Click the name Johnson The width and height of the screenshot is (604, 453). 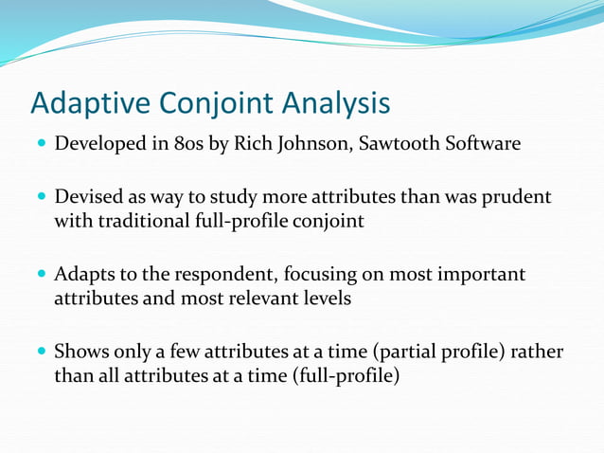[x=318, y=146]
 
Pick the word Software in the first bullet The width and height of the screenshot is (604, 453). [x=484, y=146]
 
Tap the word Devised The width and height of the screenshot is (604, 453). [x=86, y=198]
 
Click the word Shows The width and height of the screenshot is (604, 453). [x=81, y=353]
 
